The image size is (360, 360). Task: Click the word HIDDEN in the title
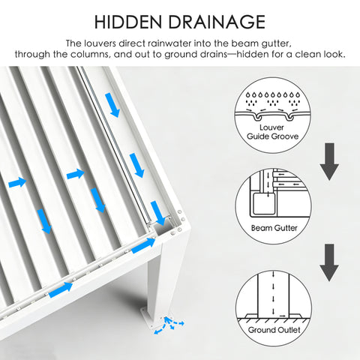click(x=131, y=22)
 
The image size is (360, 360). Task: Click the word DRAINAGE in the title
click(x=216, y=22)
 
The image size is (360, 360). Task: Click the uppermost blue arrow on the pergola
click(x=113, y=105)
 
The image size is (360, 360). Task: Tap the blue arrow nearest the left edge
click(x=16, y=181)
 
